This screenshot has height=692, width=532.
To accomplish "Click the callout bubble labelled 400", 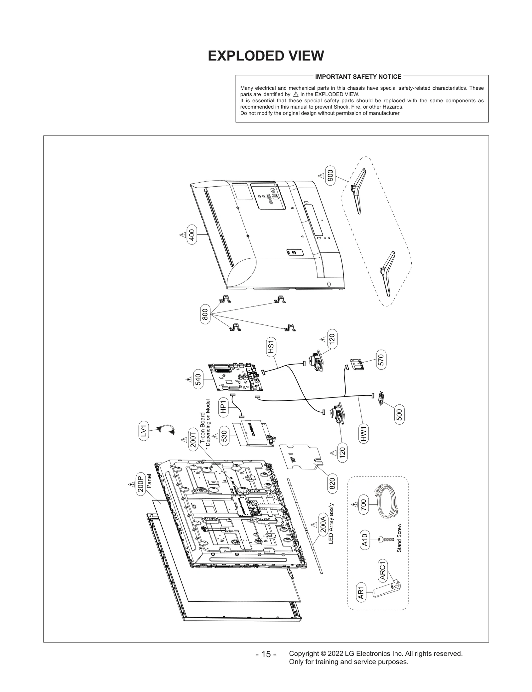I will [x=192, y=235].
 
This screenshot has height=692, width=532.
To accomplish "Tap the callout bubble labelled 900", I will [x=330, y=175].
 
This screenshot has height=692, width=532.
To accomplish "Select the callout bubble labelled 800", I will [x=205, y=314].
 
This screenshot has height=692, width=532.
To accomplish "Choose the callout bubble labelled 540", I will [x=198, y=380].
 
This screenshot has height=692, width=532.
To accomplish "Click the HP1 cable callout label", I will [x=223, y=406].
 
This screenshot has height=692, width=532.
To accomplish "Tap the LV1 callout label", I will [x=144, y=431].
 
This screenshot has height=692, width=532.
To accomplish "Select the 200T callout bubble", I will [x=193, y=439].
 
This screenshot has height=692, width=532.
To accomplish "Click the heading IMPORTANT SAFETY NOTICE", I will [x=358, y=77].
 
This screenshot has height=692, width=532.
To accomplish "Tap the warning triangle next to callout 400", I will [x=183, y=235].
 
